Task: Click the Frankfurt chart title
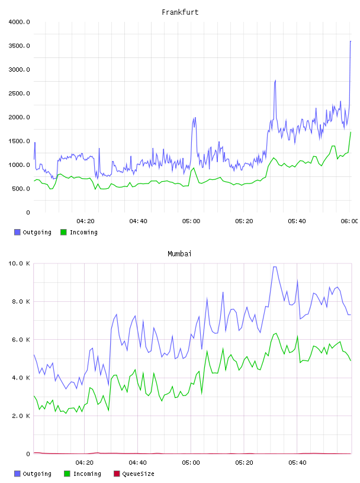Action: click(180, 12)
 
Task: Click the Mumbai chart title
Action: click(179, 253)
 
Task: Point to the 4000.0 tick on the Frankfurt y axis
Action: click(19, 22)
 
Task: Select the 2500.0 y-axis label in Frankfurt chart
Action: click(19, 94)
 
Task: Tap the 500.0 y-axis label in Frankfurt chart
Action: click(21, 188)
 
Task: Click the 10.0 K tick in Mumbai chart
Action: click(19, 263)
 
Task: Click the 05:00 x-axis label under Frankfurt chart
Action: click(191, 221)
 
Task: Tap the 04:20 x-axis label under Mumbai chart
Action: click(85, 462)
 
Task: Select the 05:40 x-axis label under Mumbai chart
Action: click(297, 462)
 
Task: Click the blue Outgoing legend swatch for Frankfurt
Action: click(17, 232)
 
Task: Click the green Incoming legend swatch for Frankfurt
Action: click(63, 232)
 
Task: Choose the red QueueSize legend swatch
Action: click(117, 474)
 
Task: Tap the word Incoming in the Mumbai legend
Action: click(87, 474)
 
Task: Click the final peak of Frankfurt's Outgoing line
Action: click(351, 41)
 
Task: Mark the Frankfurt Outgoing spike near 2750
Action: click(275, 80)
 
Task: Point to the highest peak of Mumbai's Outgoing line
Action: click(275, 267)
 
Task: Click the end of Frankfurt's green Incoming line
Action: click(351, 132)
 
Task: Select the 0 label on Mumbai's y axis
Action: click(28, 454)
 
